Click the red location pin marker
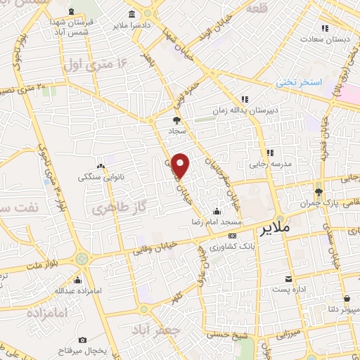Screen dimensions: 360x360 [x=181, y=165]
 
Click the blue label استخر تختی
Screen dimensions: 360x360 [x=298, y=82]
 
